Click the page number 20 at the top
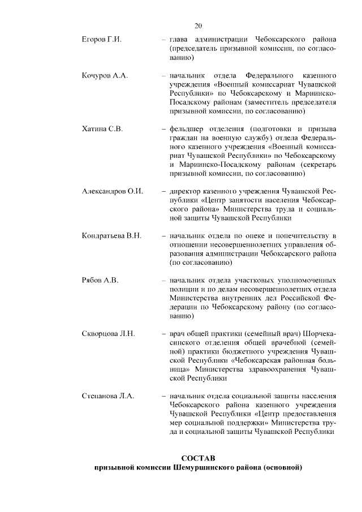point(198,25)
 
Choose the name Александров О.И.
point(113,191)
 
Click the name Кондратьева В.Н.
point(111,235)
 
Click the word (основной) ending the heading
point(282,468)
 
